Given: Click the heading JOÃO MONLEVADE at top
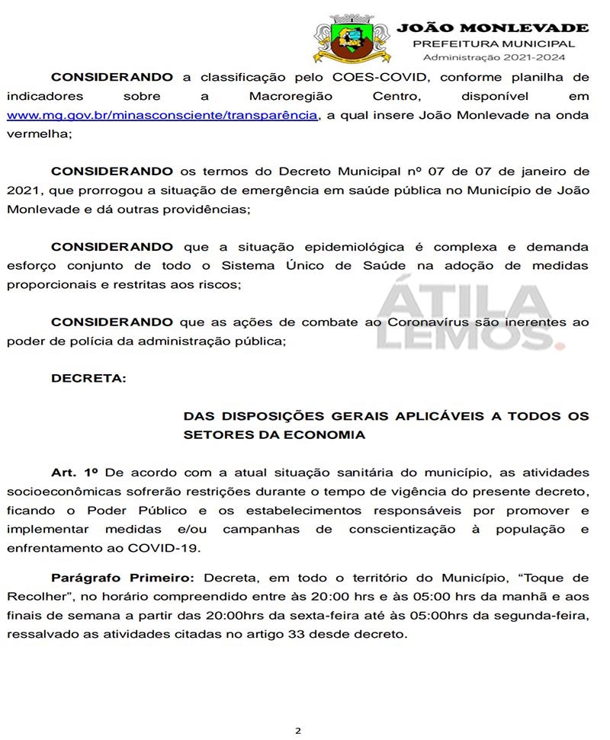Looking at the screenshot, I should tap(493, 28).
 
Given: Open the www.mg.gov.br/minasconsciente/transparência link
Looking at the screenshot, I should tap(162, 115).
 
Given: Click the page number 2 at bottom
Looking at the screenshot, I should tap(298, 730).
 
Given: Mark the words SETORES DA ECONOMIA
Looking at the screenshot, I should tap(274, 435).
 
